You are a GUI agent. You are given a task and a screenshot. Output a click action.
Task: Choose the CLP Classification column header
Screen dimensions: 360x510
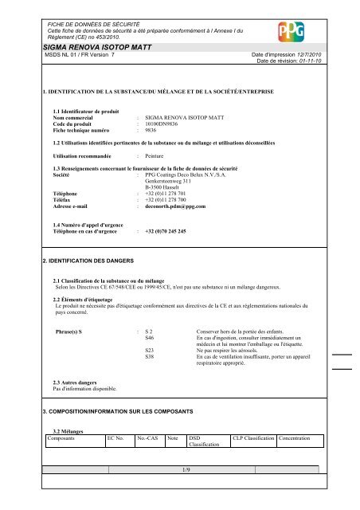click(x=252, y=439)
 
